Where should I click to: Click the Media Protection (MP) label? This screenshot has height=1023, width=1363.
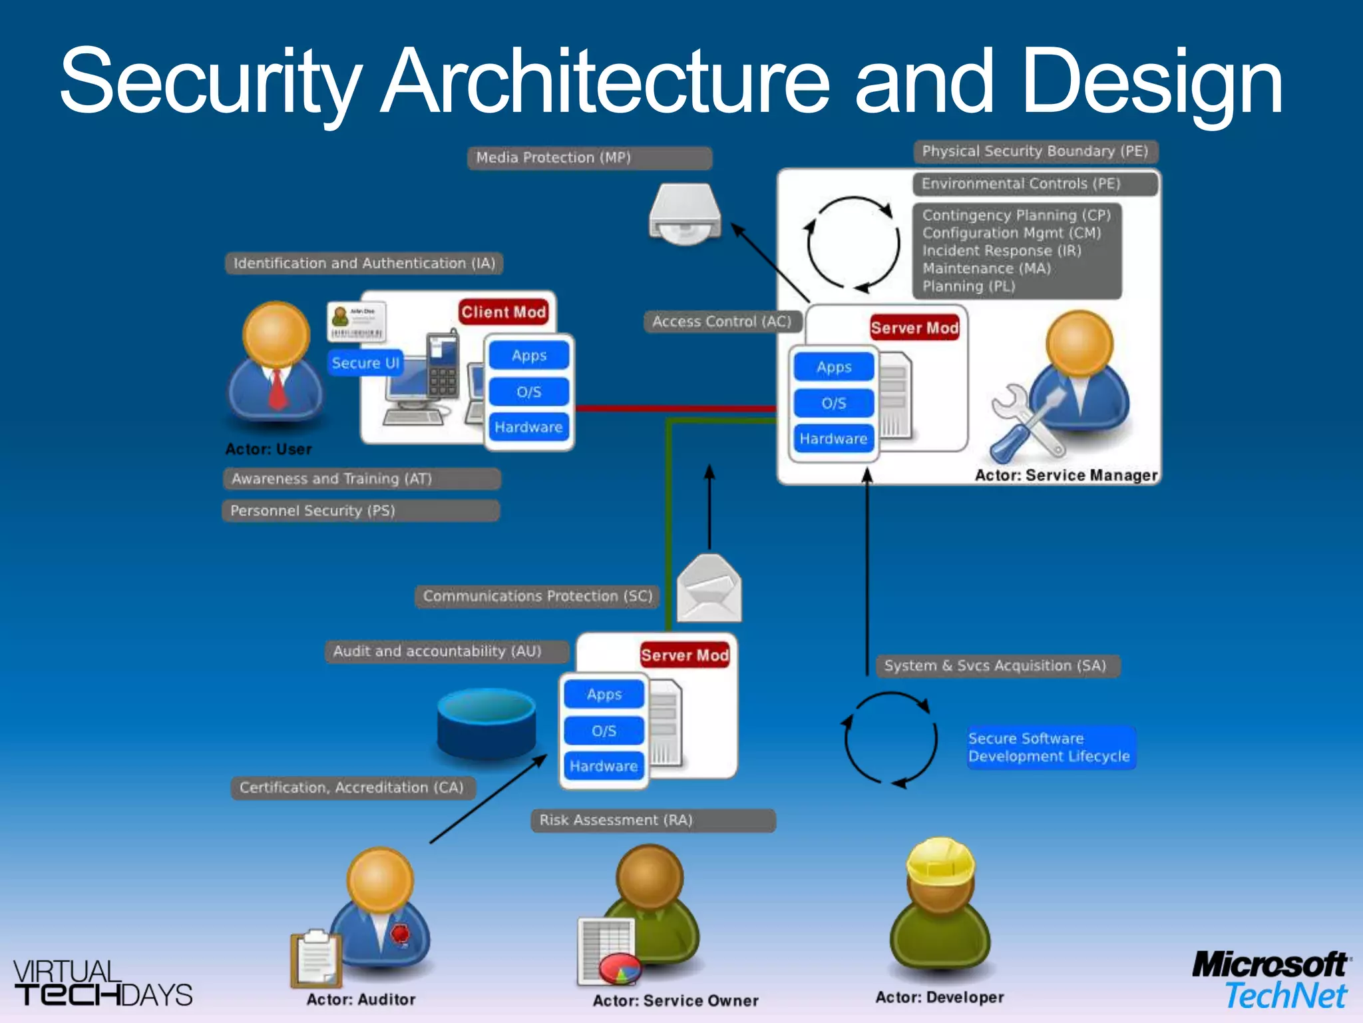[x=589, y=158]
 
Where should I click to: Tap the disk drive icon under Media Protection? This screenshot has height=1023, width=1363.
[x=685, y=214]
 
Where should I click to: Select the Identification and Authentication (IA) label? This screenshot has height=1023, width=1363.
[x=364, y=264]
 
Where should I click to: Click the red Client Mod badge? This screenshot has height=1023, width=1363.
[x=504, y=312]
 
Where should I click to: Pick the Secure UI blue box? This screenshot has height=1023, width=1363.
[x=365, y=363]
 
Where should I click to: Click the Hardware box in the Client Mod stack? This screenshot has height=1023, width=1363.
[x=528, y=427]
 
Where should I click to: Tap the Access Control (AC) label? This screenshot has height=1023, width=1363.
[x=722, y=322]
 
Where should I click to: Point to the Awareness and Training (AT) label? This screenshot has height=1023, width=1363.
[x=361, y=479]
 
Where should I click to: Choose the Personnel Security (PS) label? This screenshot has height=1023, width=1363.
[x=360, y=511]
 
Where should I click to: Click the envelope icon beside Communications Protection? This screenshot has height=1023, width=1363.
[x=709, y=589]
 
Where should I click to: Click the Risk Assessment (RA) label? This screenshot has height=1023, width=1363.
[x=653, y=821]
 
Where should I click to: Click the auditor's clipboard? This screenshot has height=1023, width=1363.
[x=315, y=958]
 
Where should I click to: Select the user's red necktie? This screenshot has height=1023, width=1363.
[x=277, y=389]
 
